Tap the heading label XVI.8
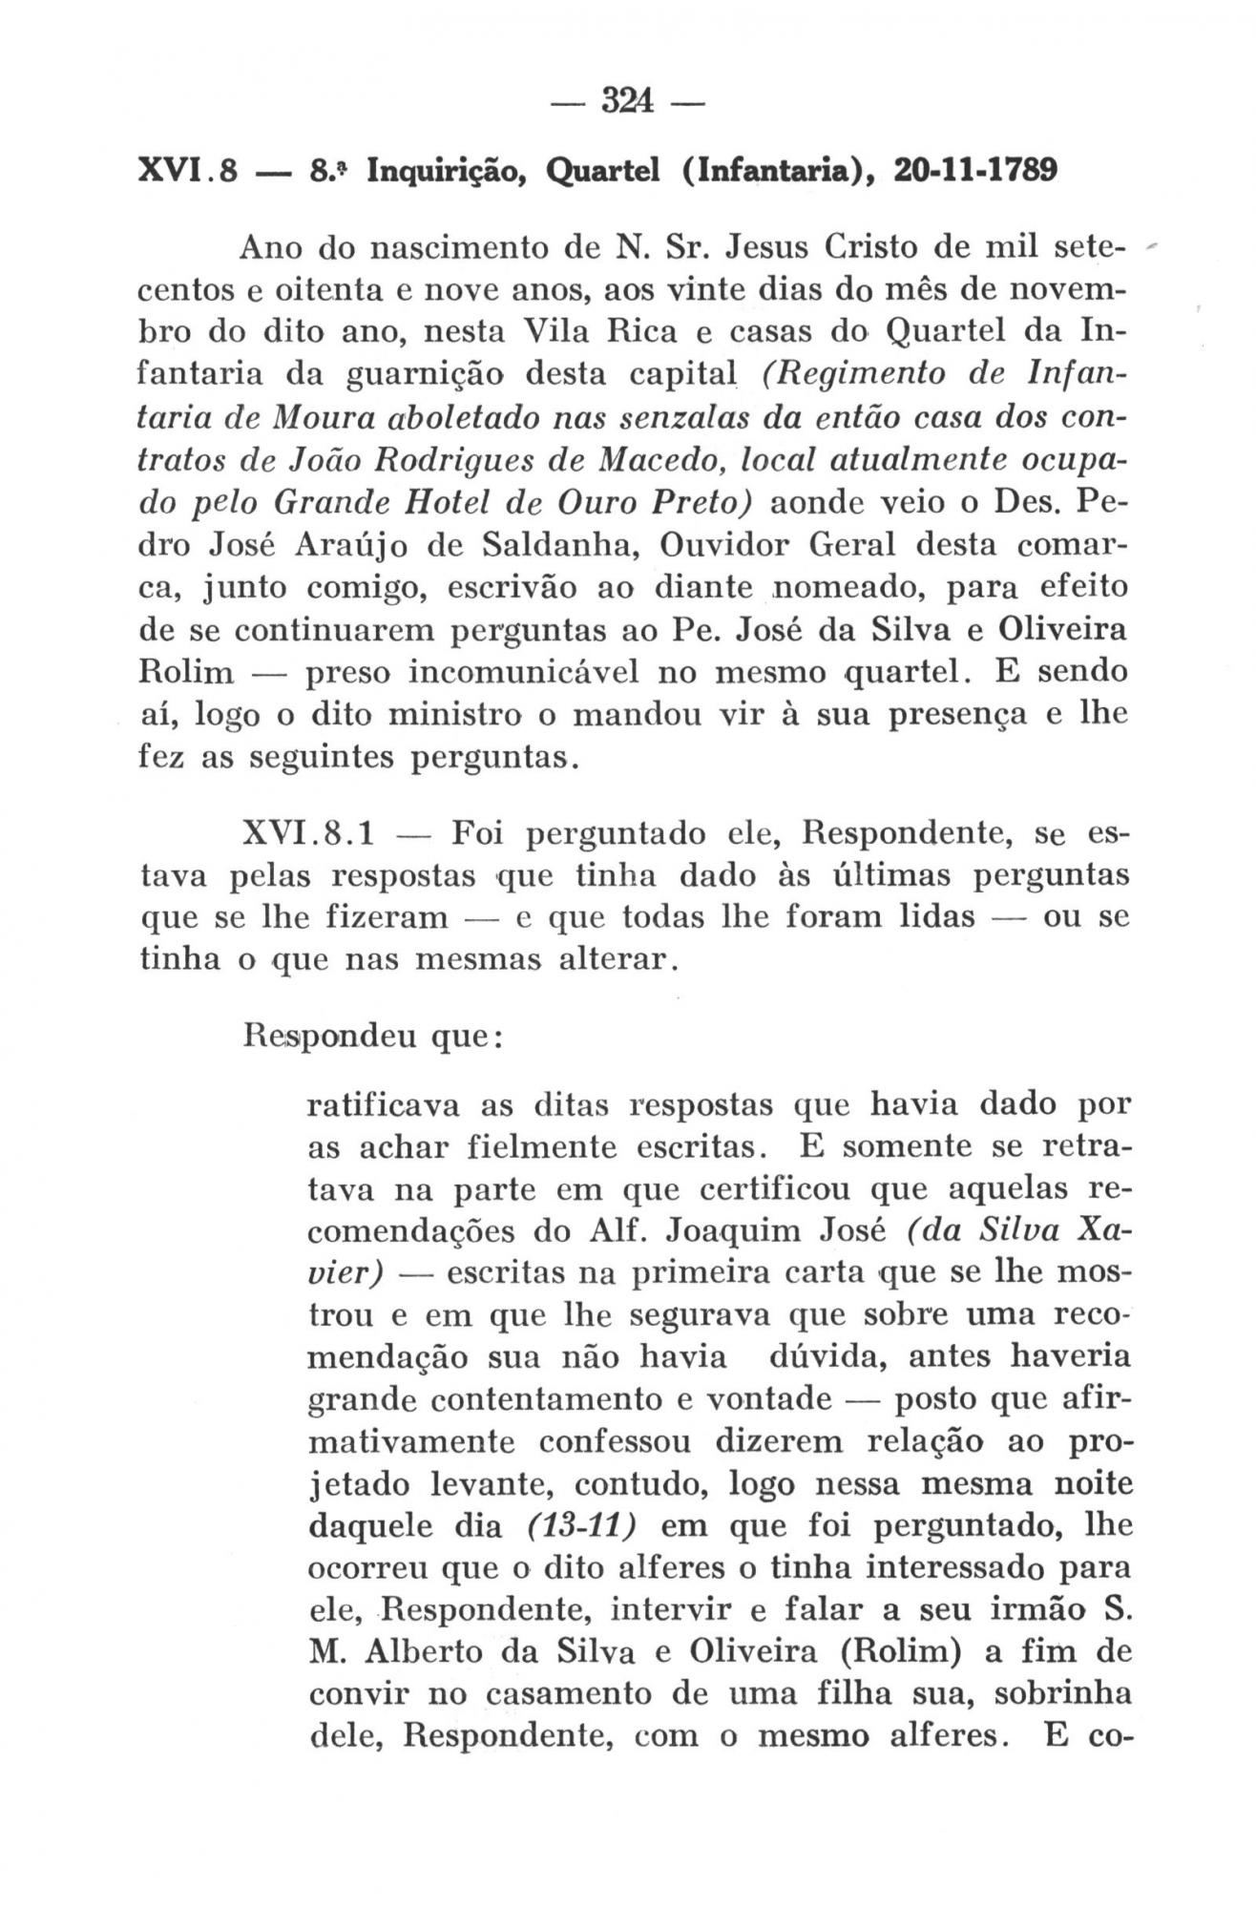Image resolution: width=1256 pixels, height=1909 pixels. point(187,174)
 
